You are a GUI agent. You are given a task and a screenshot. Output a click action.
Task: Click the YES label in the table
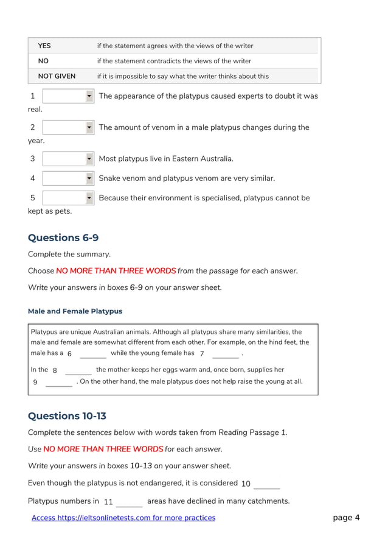click(x=44, y=46)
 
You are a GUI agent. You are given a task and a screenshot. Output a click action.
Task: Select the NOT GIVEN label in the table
click(x=57, y=76)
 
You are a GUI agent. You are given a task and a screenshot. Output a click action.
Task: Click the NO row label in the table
click(x=43, y=61)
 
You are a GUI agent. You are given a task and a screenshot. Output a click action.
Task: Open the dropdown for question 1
click(x=68, y=96)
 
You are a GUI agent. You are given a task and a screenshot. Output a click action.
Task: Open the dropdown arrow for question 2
click(x=89, y=128)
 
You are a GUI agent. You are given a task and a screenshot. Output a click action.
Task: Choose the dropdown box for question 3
click(x=68, y=159)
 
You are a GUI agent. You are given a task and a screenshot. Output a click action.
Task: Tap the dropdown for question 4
click(x=68, y=178)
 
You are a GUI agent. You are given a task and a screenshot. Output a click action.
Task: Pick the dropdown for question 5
click(x=68, y=198)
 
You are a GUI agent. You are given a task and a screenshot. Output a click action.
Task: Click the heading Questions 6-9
click(x=63, y=238)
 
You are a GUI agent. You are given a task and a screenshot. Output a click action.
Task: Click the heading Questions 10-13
click(x=67, y=416)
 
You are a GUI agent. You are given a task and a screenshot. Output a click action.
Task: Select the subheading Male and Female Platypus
click(x=75, y=311)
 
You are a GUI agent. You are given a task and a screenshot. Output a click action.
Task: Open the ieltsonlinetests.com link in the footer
click(x=123, y=518)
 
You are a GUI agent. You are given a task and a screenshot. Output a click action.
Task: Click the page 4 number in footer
click(x=346, y=518)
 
